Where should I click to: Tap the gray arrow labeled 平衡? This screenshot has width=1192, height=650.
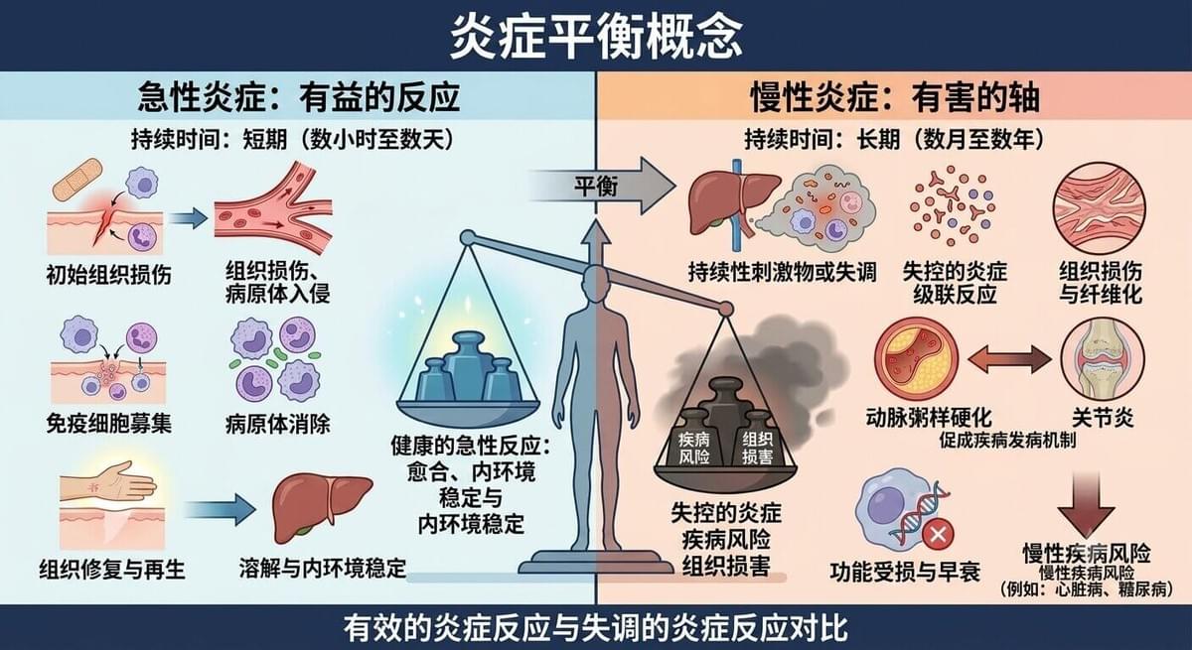coord(601,186)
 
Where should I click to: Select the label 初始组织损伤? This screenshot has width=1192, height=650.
coord(108,275)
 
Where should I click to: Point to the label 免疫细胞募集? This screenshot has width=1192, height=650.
coord(108,424)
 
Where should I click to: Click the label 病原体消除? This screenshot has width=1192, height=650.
coord(277,424)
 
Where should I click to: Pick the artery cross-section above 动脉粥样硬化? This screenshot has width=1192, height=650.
coord(916,359)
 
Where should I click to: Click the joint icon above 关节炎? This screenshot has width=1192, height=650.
coord(1102,359)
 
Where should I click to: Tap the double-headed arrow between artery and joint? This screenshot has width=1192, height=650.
coord(1009,359)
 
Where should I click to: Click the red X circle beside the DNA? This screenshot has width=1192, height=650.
coord(938,534)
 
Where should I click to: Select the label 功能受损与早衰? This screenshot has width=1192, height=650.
coord(905,572)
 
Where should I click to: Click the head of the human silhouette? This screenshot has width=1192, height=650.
coord(595,281)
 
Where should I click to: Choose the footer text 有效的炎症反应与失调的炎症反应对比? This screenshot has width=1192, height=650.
coord(595,629)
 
